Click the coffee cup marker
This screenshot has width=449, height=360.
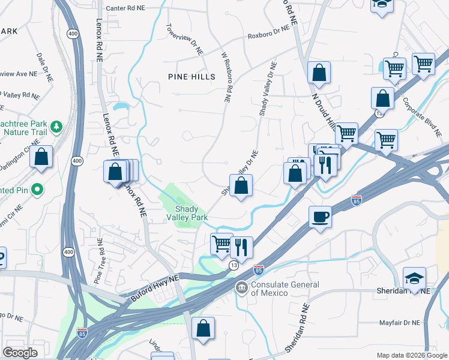(x=320, y=217)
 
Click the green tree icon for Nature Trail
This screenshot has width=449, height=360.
(x=56, y=127)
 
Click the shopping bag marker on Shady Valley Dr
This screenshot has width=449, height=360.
(x=241, y=186)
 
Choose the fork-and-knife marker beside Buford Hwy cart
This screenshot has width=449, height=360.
(x=241, y=246)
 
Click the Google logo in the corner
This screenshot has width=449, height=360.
(x=20, y=353)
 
